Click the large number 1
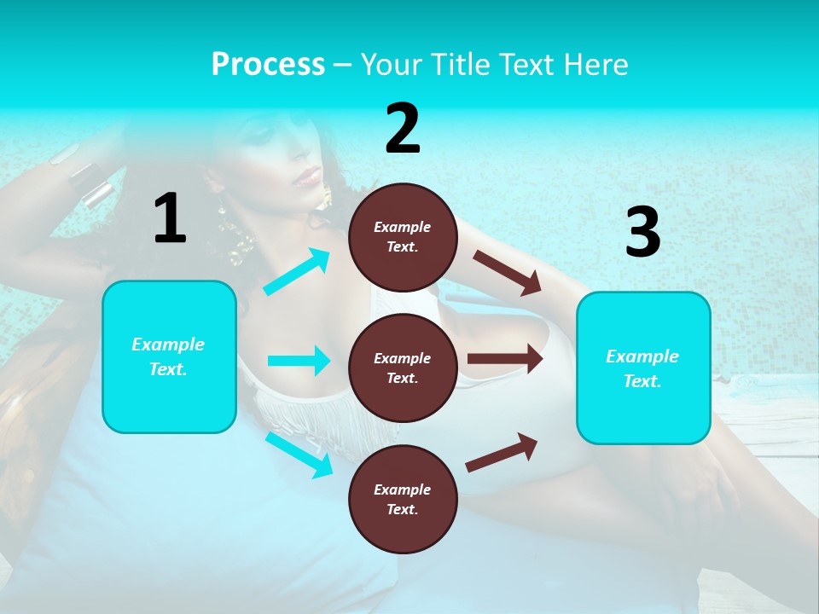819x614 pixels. click(x=170, y=218)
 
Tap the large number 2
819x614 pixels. click(x=403, y=129)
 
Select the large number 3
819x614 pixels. click(x=642, y=233)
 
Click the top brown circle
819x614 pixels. click(x=403, y=237)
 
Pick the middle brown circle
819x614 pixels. click(x=403, y=368)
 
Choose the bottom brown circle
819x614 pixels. click(x=403, y=499)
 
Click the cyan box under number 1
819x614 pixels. click(x=169, y=356)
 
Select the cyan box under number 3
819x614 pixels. click(x=643, y=368)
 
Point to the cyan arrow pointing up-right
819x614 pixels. click(x=297, y=272)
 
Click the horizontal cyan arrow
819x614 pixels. click(x=299, y=361)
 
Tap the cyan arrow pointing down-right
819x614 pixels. click(x=299, y=455)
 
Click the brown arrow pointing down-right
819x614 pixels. click(x=508, y=272)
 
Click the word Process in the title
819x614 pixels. click(x=268, y=64)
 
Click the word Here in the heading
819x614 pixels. click(x=596, y=64)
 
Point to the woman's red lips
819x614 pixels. click(x=307, y=177)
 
